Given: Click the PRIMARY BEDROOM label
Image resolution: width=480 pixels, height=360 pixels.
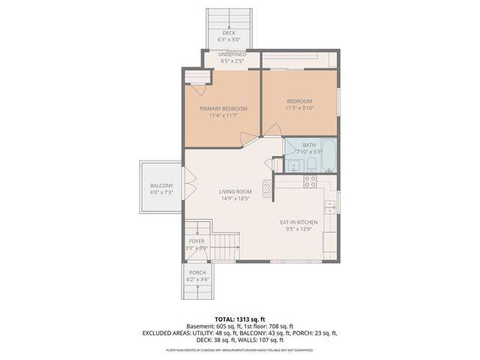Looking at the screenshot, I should pyautogui.click(x=223, y=109).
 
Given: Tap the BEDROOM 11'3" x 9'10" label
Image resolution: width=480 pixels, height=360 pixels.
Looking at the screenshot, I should pyautogui.click(x=298, y=101).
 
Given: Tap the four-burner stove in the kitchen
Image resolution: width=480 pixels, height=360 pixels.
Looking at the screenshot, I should pyautogui.click(x=310, y=181).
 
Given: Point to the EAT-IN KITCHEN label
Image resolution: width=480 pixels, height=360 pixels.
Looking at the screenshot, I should pyautogui.click(x=298, y=223).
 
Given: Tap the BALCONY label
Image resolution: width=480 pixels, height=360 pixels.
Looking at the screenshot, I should pyautogui.click(x=161, y=186).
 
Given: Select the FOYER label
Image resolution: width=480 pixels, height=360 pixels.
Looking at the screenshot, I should pyautogui.click(x=196, y=241).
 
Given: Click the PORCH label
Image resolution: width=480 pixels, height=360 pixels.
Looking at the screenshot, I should pyautogui.click(x=197, y=272).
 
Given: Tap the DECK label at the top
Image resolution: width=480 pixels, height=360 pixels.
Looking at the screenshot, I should pyautogui.click(x=228, y=33).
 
